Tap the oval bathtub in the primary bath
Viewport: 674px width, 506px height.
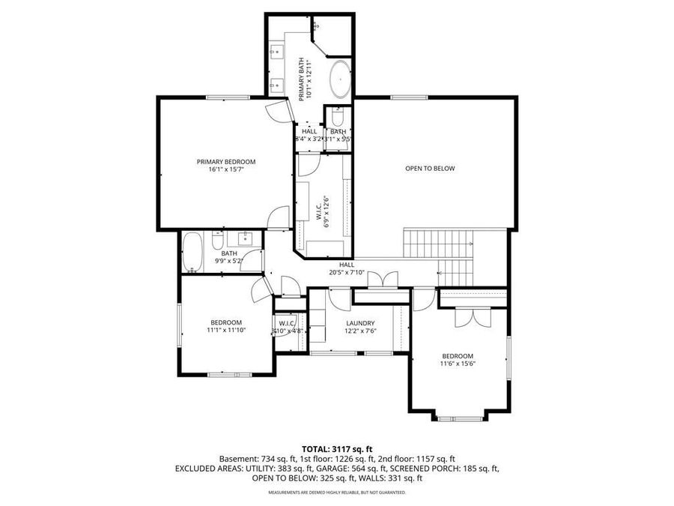pos(340,79)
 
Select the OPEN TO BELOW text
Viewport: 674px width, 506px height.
pos(430,169)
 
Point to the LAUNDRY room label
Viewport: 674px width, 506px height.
pos(360,323)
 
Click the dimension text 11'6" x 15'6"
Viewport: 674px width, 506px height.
pos(458,364)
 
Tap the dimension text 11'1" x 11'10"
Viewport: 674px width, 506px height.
pos(225,330)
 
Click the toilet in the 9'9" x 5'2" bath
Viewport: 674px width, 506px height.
pos(217,241)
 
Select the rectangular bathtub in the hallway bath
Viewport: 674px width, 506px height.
pos(191,253)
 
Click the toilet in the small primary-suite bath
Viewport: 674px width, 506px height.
pos(336,118)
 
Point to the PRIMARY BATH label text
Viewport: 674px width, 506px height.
pos(303,79)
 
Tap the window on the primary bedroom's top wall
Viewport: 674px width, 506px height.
pos(222,97)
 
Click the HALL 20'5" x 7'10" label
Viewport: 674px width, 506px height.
pos(347,268)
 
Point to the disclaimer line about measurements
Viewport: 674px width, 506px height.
pos(336,493)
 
